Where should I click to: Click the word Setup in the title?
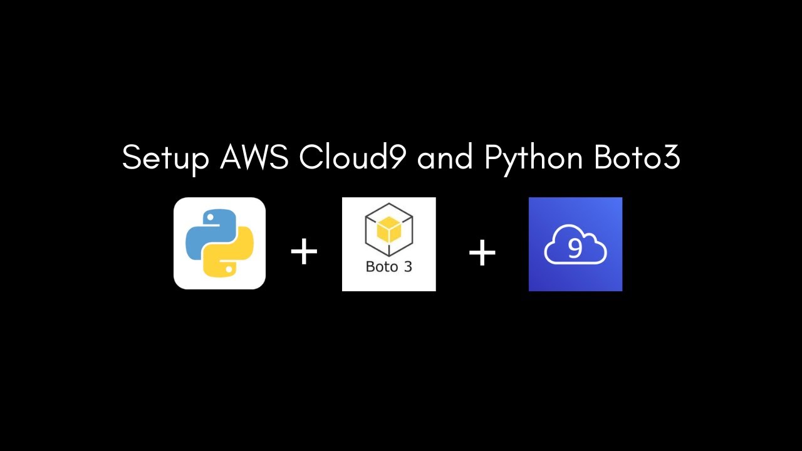165,158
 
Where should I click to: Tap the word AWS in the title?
254,158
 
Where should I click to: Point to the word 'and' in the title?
445,158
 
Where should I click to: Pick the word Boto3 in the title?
636,158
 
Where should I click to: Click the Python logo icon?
219,243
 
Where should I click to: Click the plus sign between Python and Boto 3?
305,252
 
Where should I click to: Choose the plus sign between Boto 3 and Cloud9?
482,252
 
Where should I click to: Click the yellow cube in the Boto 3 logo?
389,231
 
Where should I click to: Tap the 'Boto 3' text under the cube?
388,266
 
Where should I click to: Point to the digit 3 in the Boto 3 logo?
407,266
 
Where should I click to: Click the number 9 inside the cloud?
575,249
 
